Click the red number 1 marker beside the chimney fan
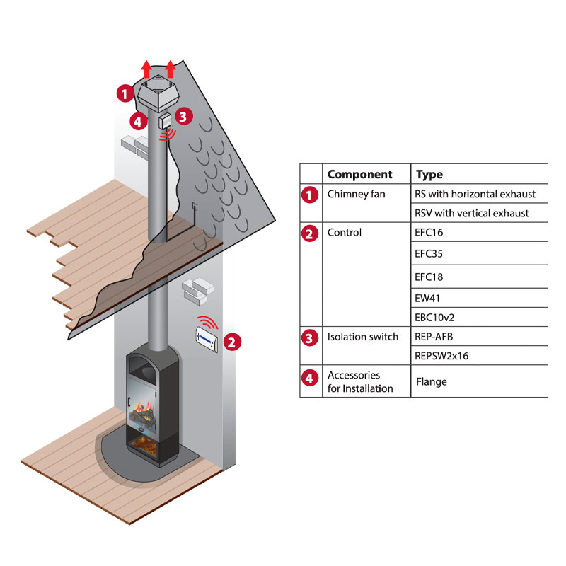[125, 92]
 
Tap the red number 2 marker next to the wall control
[231, 342]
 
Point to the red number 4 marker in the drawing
[139, 120]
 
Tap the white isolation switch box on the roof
[166, 120]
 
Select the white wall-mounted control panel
[207, 340]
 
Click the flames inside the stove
[144, 410]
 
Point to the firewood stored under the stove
[149, 446]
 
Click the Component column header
[359, 174]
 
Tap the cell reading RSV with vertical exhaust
[472, 213]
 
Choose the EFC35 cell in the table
[430, 253]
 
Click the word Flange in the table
[432, 382]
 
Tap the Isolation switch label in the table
[363, 337]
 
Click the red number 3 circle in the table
[309, 337]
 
